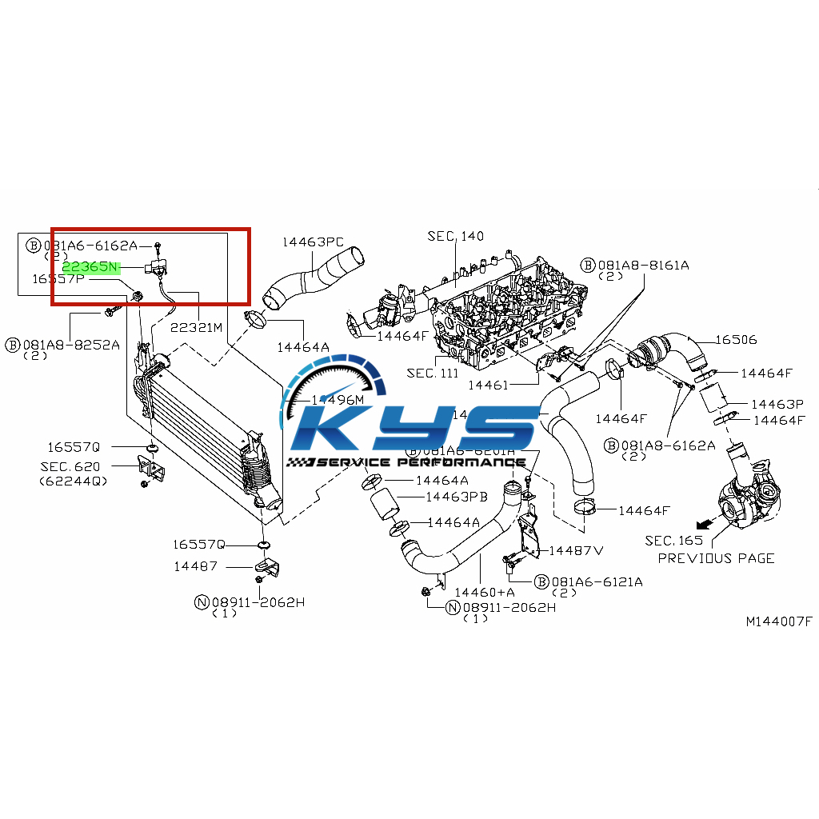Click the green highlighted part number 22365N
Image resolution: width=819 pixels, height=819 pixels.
pos(90,266)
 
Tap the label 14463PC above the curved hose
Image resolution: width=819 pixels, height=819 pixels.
pos(313,242)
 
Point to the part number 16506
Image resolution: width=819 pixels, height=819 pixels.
pos(736,340)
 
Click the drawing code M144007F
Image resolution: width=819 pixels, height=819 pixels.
pos(778,621)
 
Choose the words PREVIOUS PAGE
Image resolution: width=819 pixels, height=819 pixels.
pos(716,558)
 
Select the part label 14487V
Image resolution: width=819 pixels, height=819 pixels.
pos(575,550)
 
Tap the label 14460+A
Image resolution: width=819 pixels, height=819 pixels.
pos(485,593)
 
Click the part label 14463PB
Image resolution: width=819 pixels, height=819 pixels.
pos(456,497)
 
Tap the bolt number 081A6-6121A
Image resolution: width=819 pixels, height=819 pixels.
pos(597,581)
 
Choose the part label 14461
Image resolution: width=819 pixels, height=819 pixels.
pos(488,386)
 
